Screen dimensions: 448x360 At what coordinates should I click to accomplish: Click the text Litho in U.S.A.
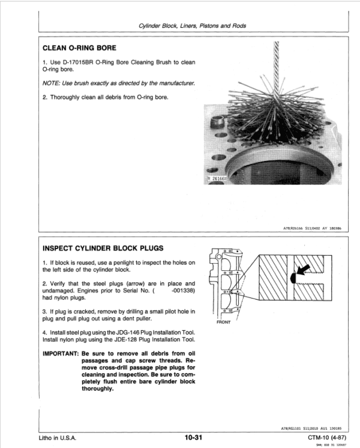(59, 437)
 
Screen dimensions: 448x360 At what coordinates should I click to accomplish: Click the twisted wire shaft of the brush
(278, 60)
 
